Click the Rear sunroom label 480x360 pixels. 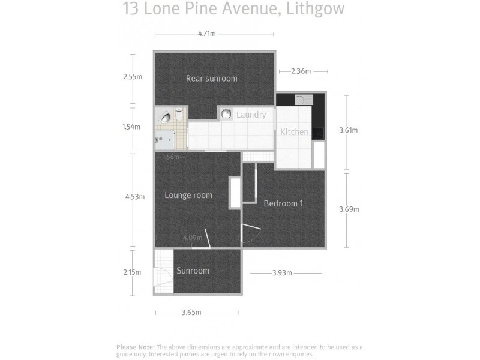coord(211,79)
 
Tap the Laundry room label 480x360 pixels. coord(251,115)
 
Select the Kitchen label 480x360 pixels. coord(294,132)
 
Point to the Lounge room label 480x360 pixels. coord(188,195)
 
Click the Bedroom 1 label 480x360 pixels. coord(283,203)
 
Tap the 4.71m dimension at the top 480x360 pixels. coord(206,34)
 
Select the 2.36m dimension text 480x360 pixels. coord(301,71)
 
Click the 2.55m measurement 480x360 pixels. coord(132,77)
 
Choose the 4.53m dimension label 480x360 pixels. coord(134,196)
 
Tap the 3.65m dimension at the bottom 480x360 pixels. coord(191,313)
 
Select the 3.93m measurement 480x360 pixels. coord(281,273)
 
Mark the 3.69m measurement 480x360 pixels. coord(349,209)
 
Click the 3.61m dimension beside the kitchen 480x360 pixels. coord(349,130)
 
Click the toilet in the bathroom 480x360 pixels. coord(179,112)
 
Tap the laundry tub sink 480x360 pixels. coord(226,113)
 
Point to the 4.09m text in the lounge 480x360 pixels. coord(192,238)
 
